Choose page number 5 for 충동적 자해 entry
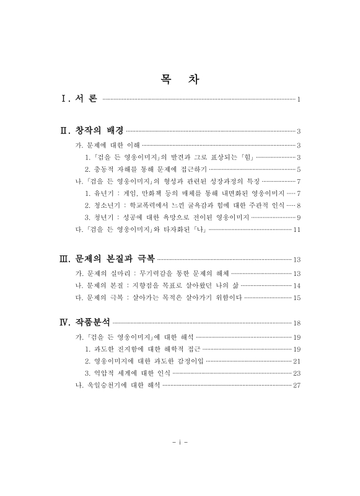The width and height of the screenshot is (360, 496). point(299,169)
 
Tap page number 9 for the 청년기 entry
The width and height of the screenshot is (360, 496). point(299,217)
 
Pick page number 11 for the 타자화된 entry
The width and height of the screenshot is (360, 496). point(297,229)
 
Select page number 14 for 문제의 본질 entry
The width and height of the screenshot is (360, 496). point(297,285)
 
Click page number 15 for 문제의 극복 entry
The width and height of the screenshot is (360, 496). point(297,298)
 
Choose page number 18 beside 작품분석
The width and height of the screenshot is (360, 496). point(297,323)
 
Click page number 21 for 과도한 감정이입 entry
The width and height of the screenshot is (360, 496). point(297,361)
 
